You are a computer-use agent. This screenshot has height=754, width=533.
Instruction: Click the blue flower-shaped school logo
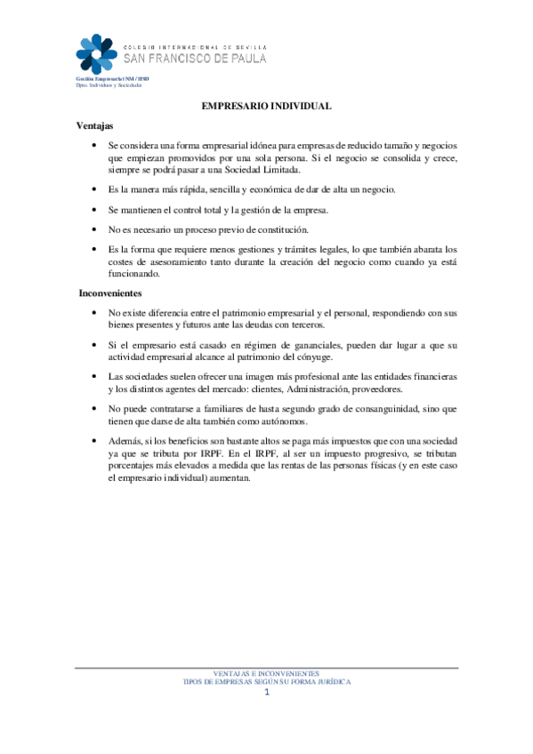[x=96, y=54]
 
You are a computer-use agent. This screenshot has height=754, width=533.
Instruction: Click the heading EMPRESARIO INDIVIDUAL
[x=267, y=106]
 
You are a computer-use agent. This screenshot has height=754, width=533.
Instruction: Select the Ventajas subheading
[x=95, y=126]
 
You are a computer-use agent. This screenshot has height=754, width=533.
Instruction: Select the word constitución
[x=280, y=229]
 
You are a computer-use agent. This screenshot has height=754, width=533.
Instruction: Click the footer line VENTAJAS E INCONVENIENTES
[x=266, y=673]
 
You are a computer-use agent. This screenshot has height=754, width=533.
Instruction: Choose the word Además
[x=125, y=440]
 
